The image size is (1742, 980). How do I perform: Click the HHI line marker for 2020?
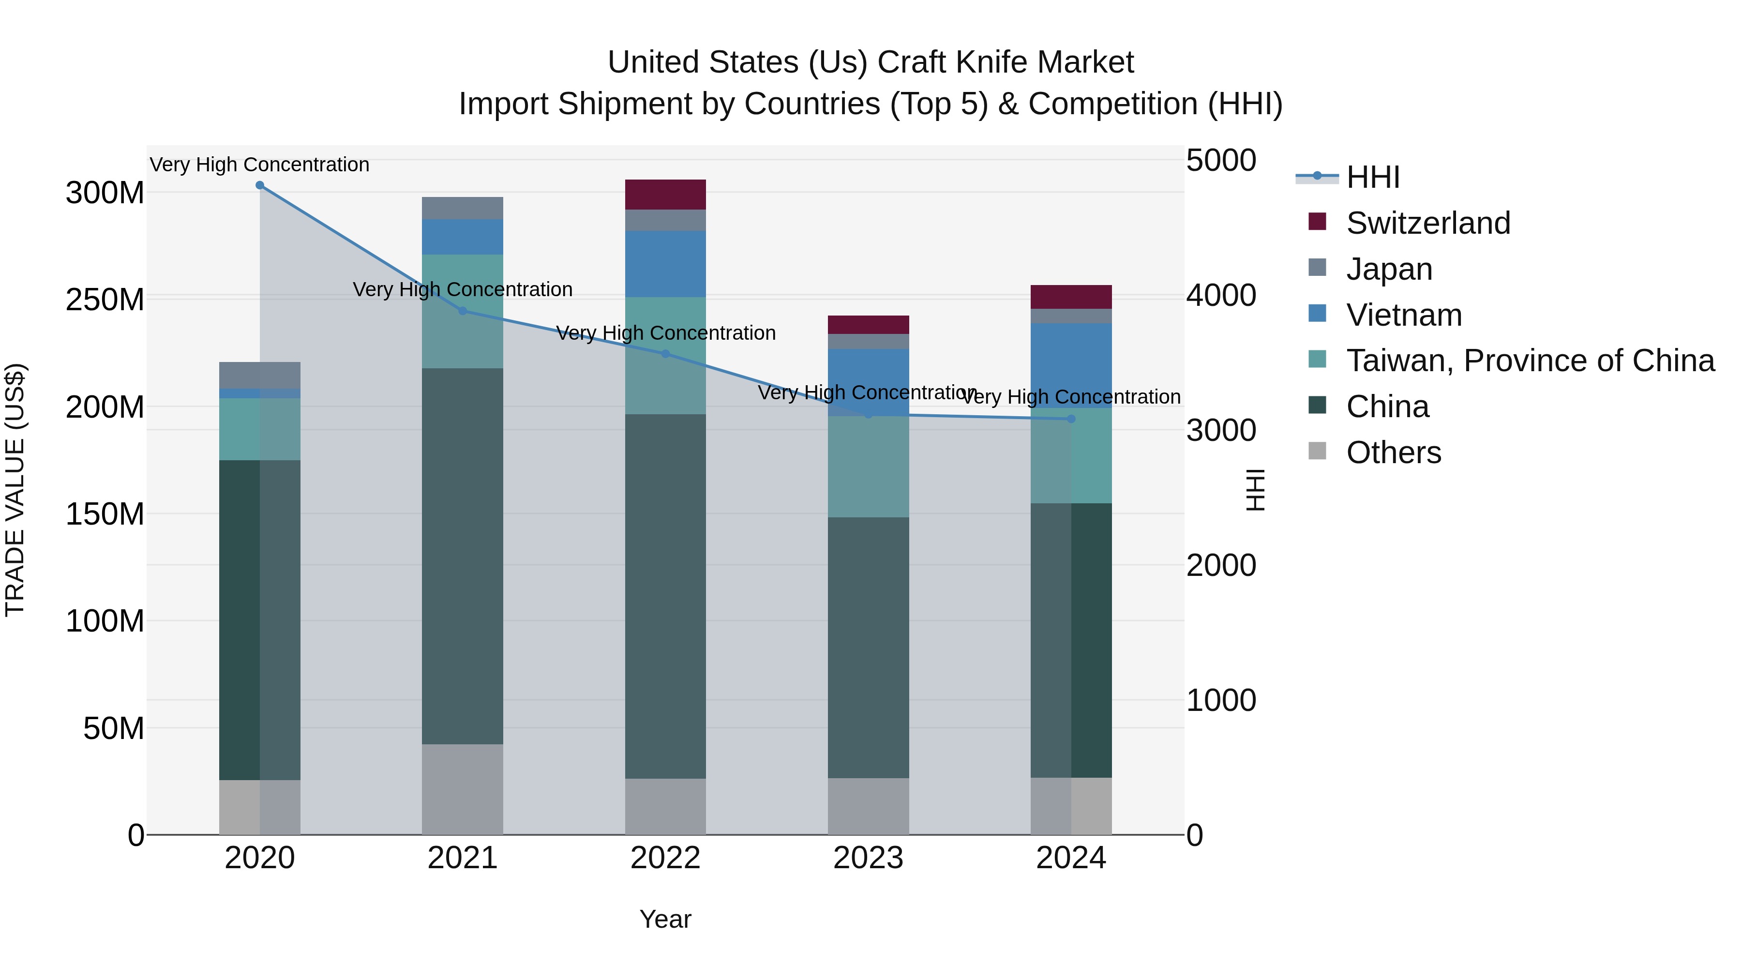click(260, 185)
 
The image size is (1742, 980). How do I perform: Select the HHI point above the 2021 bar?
click(463, 311)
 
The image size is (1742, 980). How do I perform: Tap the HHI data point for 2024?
click(1071, 419)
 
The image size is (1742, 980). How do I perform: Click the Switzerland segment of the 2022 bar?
click(665, 195)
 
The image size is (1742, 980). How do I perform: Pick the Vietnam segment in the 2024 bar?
click(1071, 365)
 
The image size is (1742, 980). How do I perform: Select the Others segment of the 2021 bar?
click(463, 789)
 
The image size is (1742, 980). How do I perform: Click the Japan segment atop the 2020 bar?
click(260, 376)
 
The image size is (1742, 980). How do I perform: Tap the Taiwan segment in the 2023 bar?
click(868, 467)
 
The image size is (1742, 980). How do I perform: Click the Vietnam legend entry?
click(1404, 315)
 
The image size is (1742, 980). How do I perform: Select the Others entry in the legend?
click(1393, 452)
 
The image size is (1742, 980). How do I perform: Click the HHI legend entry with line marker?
click(1372, 177)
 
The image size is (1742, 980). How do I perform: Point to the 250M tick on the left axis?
click(105, 300)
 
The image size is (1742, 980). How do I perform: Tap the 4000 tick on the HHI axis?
click(1221, 296)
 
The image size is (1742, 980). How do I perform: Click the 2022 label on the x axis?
click(665, 858)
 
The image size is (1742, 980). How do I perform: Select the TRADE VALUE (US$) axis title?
click(15, 490)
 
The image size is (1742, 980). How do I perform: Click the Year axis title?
click(665, 919)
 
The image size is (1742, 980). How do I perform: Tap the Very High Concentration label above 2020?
click(260, 165)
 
